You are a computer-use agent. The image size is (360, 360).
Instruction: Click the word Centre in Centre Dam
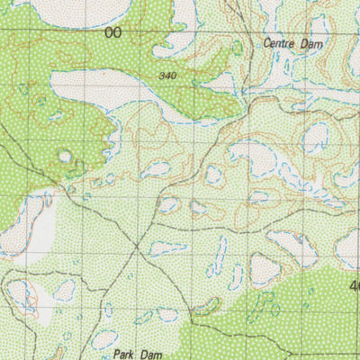tap(279, 42)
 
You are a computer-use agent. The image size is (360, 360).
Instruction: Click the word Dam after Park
tap(149, 343)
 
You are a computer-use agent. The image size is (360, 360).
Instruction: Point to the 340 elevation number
tap(166, 76)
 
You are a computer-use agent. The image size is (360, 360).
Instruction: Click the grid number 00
tap(112, 33)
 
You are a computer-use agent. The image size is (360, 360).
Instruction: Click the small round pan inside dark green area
tap(65, 156)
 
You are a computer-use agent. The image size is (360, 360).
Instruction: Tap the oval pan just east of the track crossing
tap(167, 247)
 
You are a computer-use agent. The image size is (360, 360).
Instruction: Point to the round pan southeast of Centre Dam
tap(315, 138)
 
